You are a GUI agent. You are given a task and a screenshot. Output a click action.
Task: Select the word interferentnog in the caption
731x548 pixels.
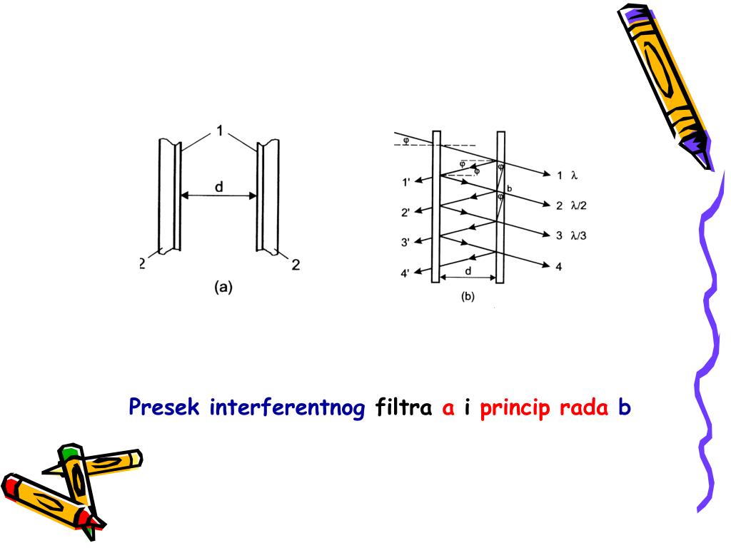[288, 408]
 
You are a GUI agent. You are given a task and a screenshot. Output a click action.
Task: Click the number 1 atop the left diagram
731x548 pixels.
[221, 132]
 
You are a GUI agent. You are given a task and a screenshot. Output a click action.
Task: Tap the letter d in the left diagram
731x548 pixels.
[218, 186]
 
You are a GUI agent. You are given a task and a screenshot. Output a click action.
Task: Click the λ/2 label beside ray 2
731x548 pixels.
[578, 205]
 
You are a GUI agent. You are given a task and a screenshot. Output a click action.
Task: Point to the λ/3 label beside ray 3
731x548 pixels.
[578, 235]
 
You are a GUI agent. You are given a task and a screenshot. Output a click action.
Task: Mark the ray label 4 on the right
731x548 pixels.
[559, 266]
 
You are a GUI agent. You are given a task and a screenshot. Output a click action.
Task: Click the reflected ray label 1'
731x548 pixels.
[406, 183]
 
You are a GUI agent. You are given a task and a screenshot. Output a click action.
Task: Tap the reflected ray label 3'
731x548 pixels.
[406, 243]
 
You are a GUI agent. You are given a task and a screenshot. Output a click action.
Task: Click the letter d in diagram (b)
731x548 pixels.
[468, 270]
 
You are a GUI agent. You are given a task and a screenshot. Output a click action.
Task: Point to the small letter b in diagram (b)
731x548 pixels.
[509, 188]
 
